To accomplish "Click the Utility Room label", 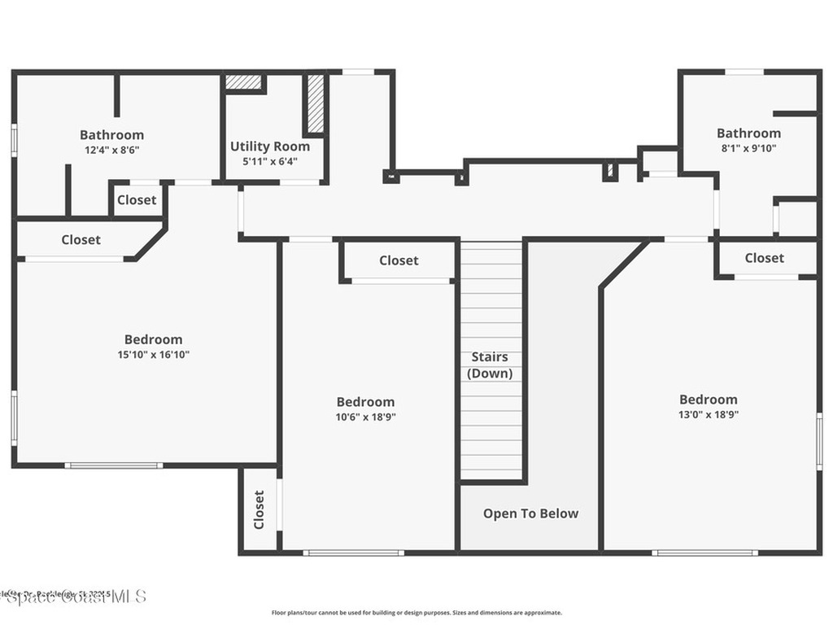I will tap(270, 146).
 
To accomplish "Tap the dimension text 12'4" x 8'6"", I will tap(112, 150).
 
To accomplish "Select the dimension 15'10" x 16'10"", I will tap(153, 355).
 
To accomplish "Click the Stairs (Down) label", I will tap(490, 365).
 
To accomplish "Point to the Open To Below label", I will tap(530, 514).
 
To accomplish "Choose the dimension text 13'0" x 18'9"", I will tap(709, 414).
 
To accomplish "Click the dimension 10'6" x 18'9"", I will tap(366, 417).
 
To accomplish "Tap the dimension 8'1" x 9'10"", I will tap(748, 147).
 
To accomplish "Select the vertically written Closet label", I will tap(259, 509).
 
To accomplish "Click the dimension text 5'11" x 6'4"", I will tap(270, 161).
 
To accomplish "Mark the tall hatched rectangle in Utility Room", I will tap(316, 103).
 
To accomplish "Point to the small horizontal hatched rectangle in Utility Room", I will tap(243, 82).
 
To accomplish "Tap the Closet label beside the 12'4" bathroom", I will tap(137, 200).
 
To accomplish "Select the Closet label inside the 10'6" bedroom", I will tap(399, 260).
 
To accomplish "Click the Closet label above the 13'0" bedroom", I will tap(765, 258).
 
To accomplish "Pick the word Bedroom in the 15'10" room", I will tap(153, 339).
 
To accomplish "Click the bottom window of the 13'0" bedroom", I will tap(704, 553).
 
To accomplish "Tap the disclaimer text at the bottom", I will tap(416, 613).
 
